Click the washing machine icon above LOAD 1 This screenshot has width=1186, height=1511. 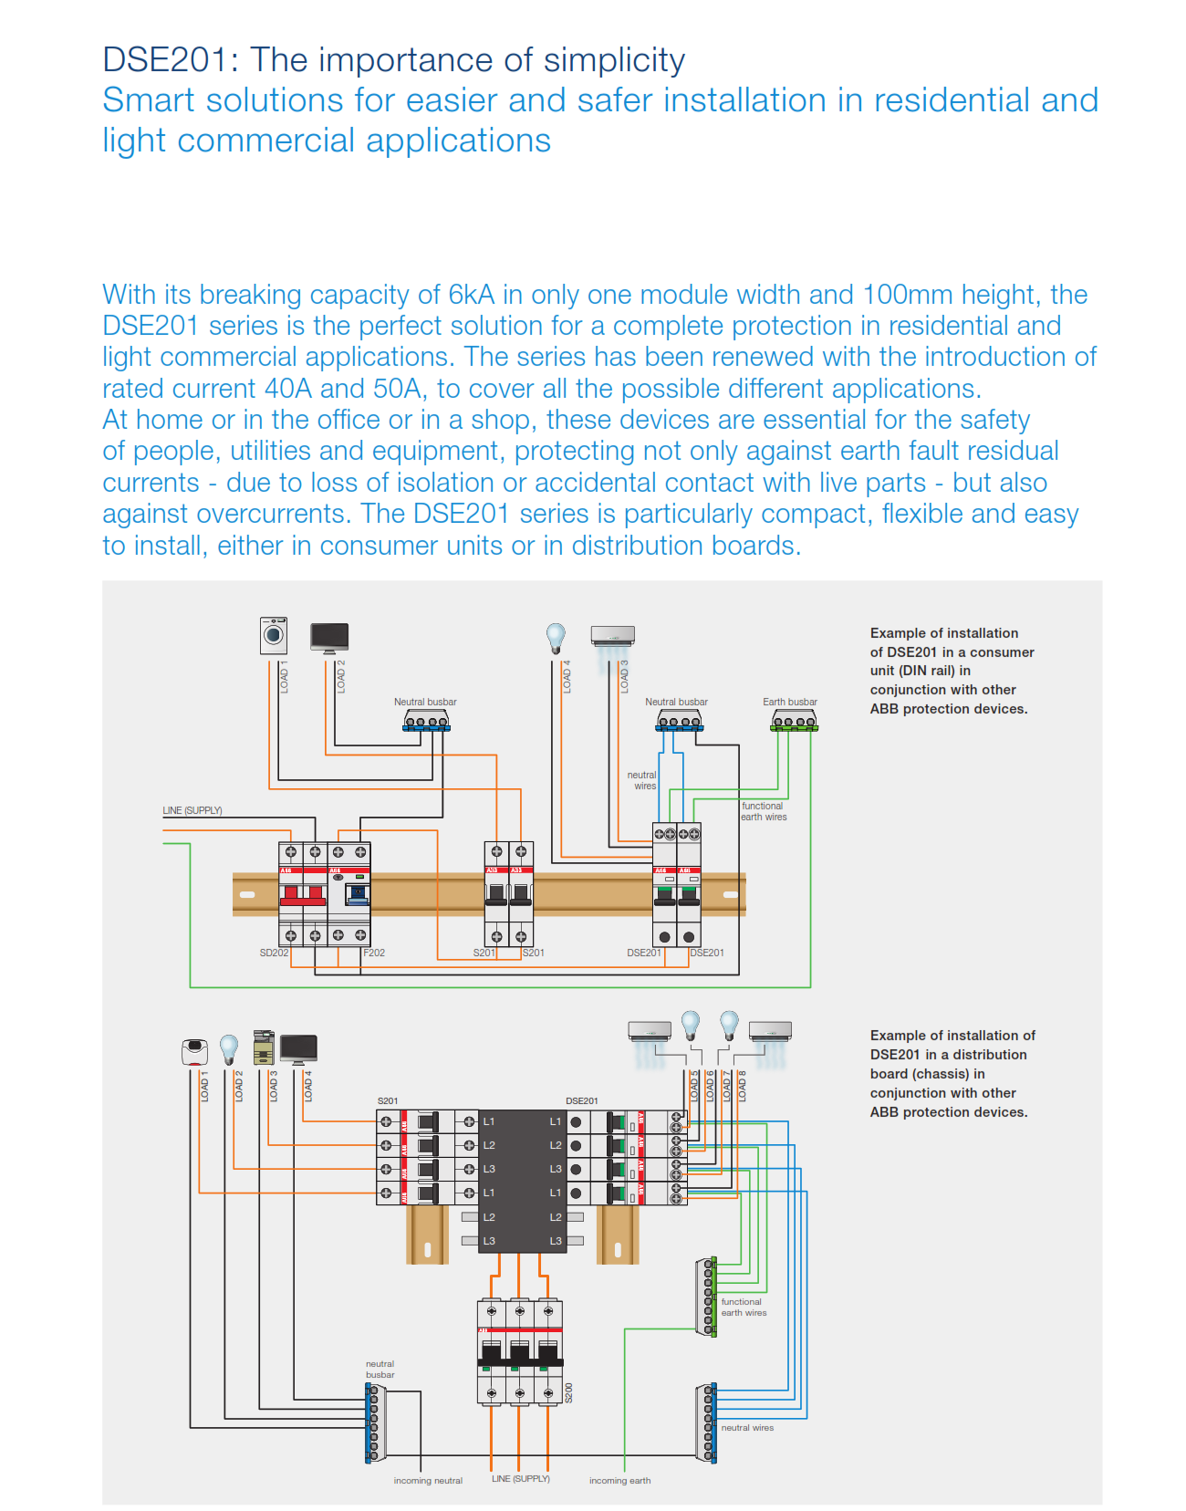[x=274, y=635]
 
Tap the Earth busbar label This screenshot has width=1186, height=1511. [x=789, y=702]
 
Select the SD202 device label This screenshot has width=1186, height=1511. [x=274, y=953]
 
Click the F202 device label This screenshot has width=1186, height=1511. [x=374, y=953]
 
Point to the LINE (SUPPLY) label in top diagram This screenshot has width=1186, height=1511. [x=192, y=810]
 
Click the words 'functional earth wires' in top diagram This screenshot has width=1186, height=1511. [x=764, y=811]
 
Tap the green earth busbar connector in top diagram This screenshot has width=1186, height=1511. [x=794, y=723]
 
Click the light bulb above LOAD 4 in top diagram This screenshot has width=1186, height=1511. [x=556, y=637]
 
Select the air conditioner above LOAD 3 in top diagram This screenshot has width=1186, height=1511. [x=612, y=636]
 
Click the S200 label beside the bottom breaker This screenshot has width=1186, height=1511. [x=569, y=1392]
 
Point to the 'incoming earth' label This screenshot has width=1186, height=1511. [x=619, y=1481]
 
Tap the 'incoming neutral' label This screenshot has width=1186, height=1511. [x=428, y=1481]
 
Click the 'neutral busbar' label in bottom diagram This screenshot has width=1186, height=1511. [x=380, y=1370]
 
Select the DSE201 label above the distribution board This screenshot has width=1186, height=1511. [x=582, y=1101]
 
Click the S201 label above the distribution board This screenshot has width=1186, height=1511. [x=388, y=1101]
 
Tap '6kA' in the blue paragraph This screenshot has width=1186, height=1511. [x=471, y=295]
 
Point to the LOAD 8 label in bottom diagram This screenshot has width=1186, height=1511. [x=743, y=1086]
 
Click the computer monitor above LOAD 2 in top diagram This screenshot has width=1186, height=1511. [x=329, y=637]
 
